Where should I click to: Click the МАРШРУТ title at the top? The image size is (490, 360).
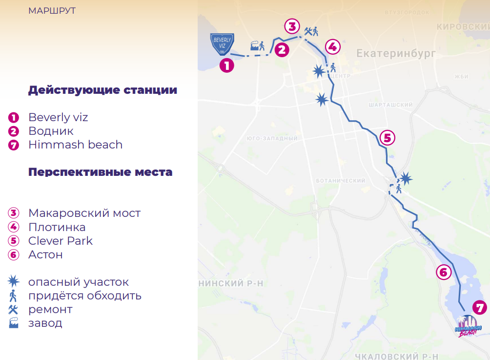point(52,11)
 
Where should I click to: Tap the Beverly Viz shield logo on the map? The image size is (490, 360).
point(222,44)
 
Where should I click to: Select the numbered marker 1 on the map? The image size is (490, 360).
point(226,65)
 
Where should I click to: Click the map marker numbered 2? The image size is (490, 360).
point(282,49)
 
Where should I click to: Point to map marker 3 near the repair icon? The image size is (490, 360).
point(291,26)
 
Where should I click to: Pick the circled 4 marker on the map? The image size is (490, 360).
point(332,47)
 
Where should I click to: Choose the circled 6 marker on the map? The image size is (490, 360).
point(443,272)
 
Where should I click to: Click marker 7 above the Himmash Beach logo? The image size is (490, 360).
point(480,308)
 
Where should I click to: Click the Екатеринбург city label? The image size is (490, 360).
point(395,53)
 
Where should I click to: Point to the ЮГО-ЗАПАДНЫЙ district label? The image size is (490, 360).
point(272,139)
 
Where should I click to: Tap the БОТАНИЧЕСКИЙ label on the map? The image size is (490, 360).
point(340,181)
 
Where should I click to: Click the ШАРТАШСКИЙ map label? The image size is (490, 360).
point(391,105)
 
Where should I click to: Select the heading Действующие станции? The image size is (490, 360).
point(102,90)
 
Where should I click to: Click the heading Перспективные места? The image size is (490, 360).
point(100,172)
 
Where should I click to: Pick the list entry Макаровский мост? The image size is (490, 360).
point(84,213)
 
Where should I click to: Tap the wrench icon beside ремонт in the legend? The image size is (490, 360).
point(14,309)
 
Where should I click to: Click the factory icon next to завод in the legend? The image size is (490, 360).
point(14,323)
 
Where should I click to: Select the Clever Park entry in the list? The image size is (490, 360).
point(61,241)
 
